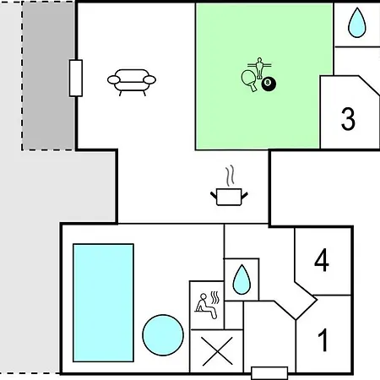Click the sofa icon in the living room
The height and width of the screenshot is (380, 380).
pyautogui.click(x=132, y=82)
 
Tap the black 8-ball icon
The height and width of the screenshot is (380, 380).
pyautogui.click(x=269, y=84)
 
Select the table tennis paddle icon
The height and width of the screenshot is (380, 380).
pyautogui.click(x=250, y=80)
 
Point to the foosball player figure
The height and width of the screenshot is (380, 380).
pyautogui.click(x=259, y=68)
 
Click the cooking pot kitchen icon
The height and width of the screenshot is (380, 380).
pyautogui.click(x=229, y=197)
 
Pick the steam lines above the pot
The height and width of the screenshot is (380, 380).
pyautogui.click(x=231, y=176)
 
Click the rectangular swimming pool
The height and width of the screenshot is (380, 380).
pyautogui.click(x=103, y=302)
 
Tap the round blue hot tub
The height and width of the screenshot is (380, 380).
pyautogui.click(x=163, y=335)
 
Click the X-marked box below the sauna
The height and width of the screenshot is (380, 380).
pyautogui.click(x=217, y=351)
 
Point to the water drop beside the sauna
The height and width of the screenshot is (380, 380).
pyautogui.click(x=242, y=280)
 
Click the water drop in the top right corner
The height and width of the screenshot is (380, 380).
pyautogui.click(x=357, y=23)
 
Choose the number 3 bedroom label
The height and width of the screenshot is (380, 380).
pyautogui.click(x=348, y=119)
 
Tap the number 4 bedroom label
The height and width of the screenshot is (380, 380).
pyautogui.click(x=322, y=260)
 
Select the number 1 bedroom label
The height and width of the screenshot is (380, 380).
pyautogui.click(x=323, y=340)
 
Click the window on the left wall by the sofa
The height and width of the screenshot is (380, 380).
pyautogui.click(x=76, y=78)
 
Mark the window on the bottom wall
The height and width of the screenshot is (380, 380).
pyautogui.click(x=269, y=373)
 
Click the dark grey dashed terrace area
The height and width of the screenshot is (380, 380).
pyautogui.click(x=48, y=75)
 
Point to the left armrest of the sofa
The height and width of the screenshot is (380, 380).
pyautogui.click(x=114, y=80)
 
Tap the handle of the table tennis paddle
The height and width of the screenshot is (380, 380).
pyautogui.click(x=253, y=87)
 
